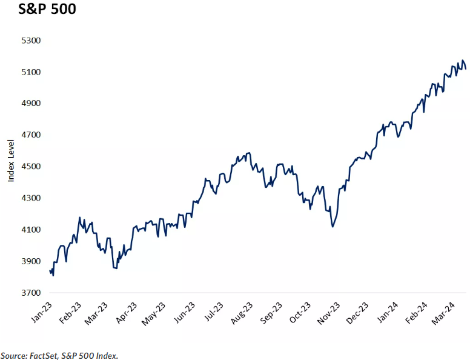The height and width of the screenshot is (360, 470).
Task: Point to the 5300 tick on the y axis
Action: (30, 41)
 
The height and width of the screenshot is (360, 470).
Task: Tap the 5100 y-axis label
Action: (30, 72)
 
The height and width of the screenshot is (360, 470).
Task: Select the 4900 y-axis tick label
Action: (30, 104)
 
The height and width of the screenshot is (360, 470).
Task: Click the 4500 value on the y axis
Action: (30, 167)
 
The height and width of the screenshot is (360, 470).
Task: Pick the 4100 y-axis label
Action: (30, 230)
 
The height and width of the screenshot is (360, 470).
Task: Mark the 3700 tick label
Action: (30, 293)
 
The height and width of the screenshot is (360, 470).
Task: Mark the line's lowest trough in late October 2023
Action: (333, 227)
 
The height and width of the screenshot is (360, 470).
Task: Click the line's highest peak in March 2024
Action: (463, 61)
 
